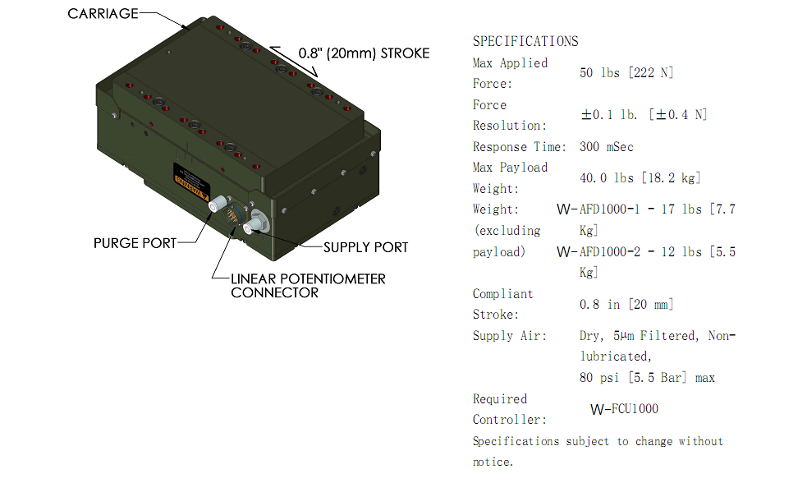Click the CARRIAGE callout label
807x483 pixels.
[103, 13]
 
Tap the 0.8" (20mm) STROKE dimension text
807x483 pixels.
[364, 53]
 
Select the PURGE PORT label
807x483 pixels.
[135, 243]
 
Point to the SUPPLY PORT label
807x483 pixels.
[365, 246]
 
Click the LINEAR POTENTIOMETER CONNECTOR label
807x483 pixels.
[308, 285]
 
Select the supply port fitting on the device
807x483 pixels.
[256, 222]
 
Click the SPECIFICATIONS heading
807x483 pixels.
[525, 41]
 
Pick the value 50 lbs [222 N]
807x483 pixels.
[626, 73]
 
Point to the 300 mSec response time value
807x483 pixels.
[607, 147]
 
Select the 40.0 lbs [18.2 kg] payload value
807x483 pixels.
[640, 178]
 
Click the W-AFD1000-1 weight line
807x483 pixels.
[646, 209]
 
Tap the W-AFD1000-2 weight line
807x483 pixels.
[646, 252]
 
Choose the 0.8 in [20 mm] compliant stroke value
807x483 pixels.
[626, 305]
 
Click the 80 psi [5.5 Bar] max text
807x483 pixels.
[647, 378]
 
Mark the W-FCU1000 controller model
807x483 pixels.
[624, 409]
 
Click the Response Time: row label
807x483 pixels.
[520, 147]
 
